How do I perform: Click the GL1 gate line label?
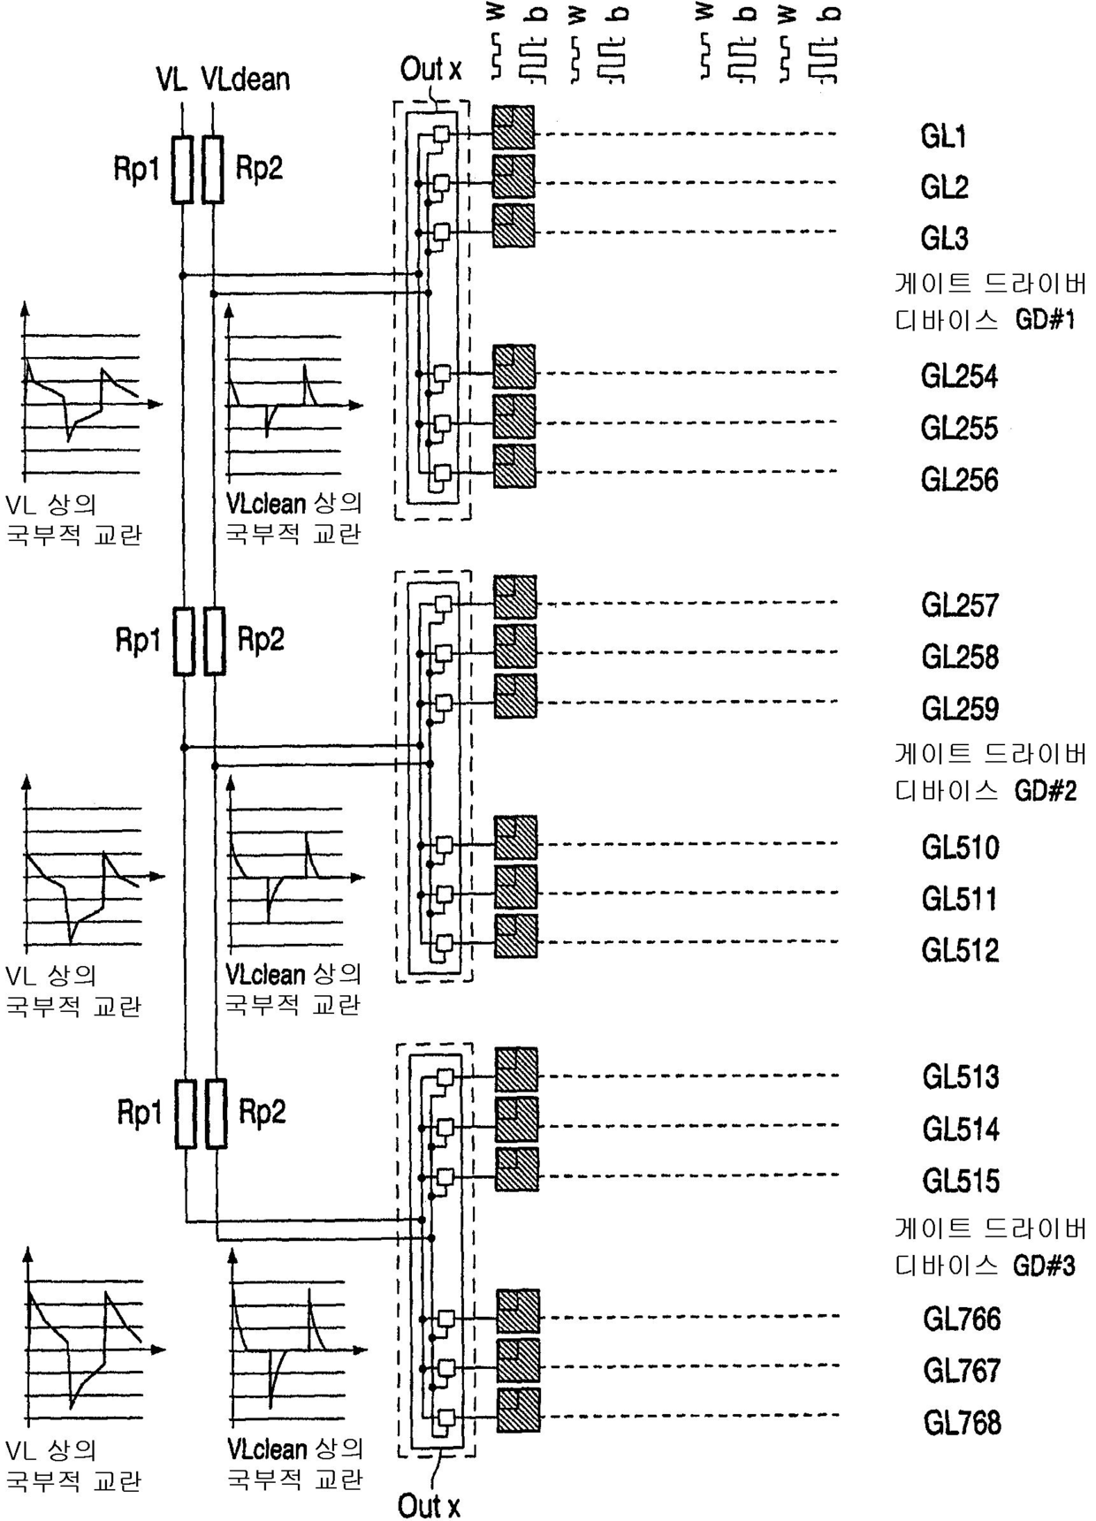[x=944, y=137]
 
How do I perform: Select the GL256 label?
[x=960, y=480]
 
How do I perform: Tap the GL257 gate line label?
[x=961, y=605]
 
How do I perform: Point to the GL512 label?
[x=961, y=950]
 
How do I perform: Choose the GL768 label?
[x=963, y=1423]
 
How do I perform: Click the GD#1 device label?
[x=1046, y=320]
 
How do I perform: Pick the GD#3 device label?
[x=1046, y=1266]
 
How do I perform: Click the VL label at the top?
[x=171, y=80]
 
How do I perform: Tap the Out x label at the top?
[x=430, y=69]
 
